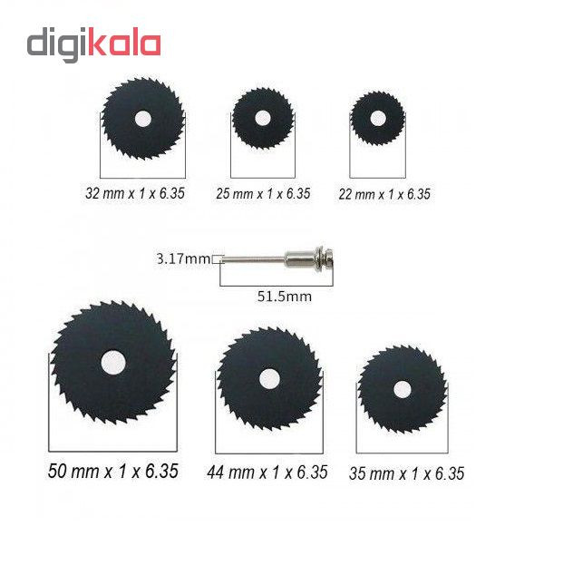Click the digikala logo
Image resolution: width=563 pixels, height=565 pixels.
tap(93, 44)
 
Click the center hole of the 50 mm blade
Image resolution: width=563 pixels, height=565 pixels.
tap(113, 363)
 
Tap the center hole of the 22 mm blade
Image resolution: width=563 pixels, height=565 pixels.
tap(377, 119)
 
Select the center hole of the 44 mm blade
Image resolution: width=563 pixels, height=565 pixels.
tap(269, 379)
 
